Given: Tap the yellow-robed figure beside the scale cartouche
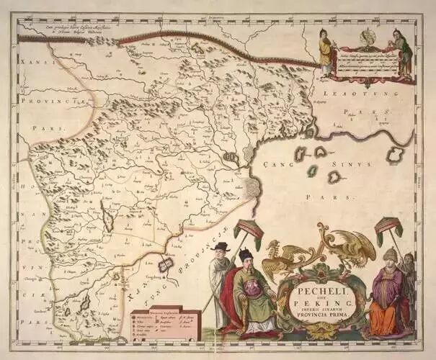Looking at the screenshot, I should click(x=326, y=54).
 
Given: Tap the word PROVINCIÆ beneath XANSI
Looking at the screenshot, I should click(x=54, y=102).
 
